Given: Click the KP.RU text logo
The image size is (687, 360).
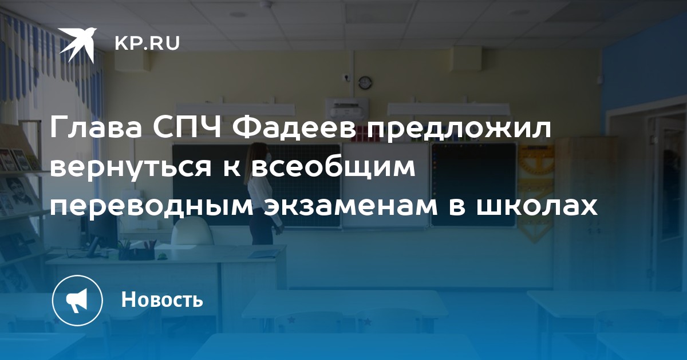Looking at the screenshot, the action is coord(147,43).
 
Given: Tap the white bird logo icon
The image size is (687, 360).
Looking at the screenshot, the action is coord(77,45).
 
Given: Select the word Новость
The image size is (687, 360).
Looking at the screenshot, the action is coord(162,299).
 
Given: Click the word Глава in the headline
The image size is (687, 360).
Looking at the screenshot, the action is coord(96,127).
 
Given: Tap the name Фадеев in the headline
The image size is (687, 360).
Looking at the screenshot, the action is coord(294,128).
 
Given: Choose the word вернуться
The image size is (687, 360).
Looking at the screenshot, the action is coord(131,167).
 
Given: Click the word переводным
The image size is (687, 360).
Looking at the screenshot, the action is coord(152,207).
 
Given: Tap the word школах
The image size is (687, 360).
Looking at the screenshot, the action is coord(536,207).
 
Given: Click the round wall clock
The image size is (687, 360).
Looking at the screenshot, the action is coord(365,82).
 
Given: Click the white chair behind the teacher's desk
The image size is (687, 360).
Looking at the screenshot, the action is coord(192,232).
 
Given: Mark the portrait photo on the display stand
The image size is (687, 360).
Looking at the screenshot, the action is coord(21,193).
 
